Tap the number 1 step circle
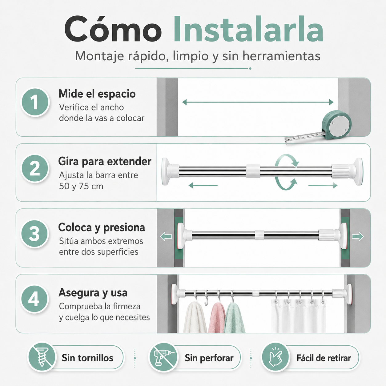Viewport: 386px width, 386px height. [35, 102]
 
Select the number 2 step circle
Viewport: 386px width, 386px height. [35, 168]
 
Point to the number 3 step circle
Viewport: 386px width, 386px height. [35, 234]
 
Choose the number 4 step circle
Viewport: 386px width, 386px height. [35, 299]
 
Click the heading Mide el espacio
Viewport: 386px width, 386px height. [97, 94]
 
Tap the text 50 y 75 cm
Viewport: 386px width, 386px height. [81, 186]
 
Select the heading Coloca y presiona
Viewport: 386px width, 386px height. [102, 227]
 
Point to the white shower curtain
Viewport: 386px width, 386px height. [299, 316]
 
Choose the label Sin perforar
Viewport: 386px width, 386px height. [209, 358]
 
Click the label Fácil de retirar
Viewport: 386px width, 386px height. [324, 358]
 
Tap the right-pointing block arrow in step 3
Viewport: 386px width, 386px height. [358, 237]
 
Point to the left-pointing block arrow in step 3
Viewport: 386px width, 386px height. [166, 237]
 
